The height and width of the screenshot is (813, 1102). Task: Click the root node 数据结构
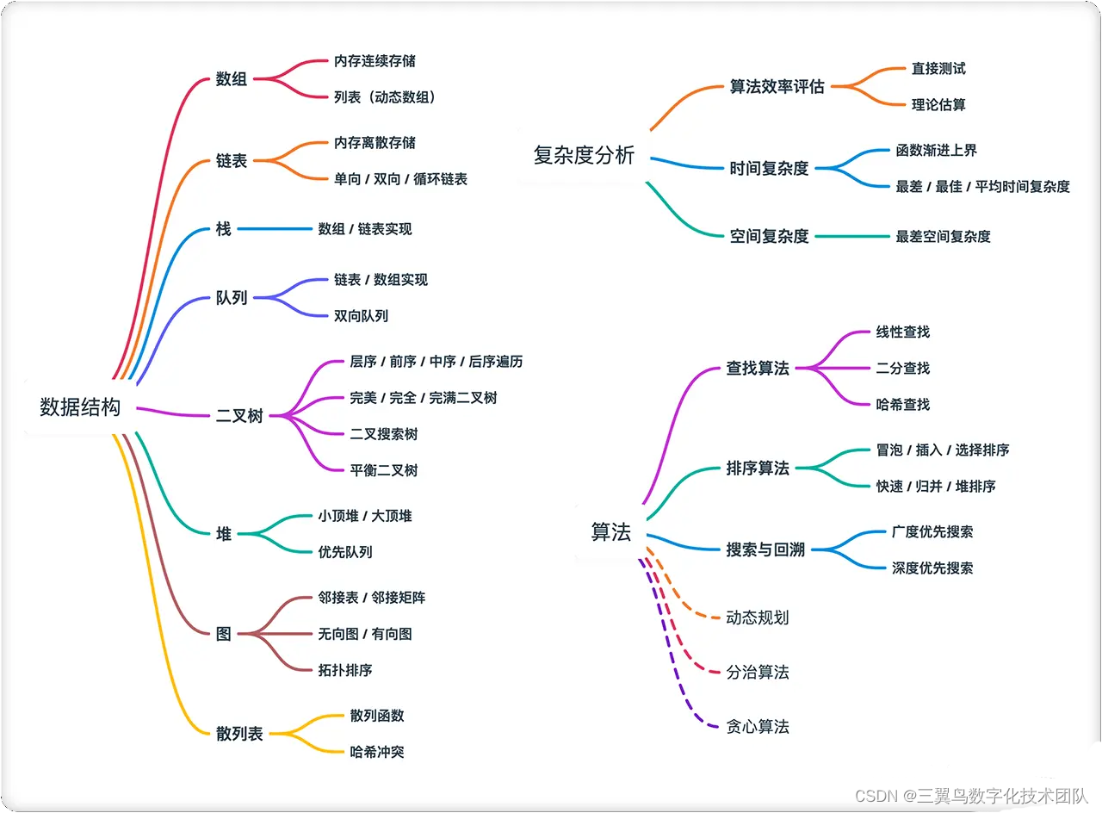80,407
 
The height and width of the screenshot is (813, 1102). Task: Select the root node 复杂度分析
584,156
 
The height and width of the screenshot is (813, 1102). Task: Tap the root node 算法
610,532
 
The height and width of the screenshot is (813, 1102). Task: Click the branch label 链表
232,161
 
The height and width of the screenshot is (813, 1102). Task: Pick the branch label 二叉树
239,416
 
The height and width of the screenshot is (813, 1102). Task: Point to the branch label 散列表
239,734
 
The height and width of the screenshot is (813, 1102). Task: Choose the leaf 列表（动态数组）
385,97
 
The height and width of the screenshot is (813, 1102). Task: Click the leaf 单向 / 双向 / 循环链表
400,179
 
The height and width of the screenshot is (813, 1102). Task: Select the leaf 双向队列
361,316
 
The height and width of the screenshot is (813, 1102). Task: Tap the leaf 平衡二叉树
383,470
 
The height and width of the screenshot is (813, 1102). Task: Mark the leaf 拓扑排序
344,670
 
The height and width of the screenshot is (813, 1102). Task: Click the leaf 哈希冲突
376,752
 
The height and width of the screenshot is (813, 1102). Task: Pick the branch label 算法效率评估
777,87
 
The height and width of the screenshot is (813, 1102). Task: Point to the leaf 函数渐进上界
936,151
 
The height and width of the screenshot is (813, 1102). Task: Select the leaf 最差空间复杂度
943,236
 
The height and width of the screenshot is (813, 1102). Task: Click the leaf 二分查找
902,369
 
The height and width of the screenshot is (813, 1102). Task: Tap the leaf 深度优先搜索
932,568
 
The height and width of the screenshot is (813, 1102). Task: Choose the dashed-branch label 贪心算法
758,727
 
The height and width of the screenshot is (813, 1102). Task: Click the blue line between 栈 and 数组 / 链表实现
275,229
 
